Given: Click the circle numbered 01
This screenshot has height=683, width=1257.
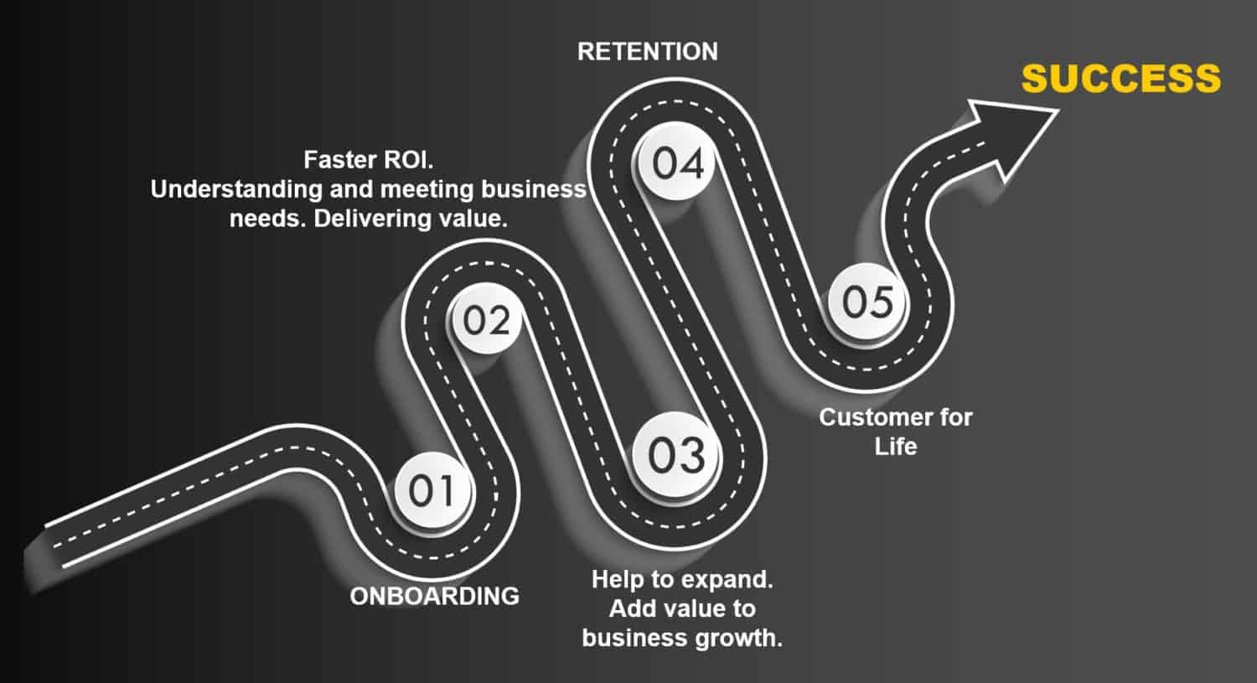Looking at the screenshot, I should [x=432, y=490].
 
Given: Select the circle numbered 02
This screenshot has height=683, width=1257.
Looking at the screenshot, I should [x=486, y=319].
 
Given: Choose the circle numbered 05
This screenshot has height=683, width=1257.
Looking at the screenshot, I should [x=866, y=301].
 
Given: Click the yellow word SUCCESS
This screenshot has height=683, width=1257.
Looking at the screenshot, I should [x=1120, y=79].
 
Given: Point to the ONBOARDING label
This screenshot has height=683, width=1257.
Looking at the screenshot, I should [x=434, y=596].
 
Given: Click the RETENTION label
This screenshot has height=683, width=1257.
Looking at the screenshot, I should [x=648, y=52].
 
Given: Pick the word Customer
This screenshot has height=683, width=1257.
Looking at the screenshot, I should [x=870, y=417].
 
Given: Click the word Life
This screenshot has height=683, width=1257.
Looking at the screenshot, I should [x=895, y=446].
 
